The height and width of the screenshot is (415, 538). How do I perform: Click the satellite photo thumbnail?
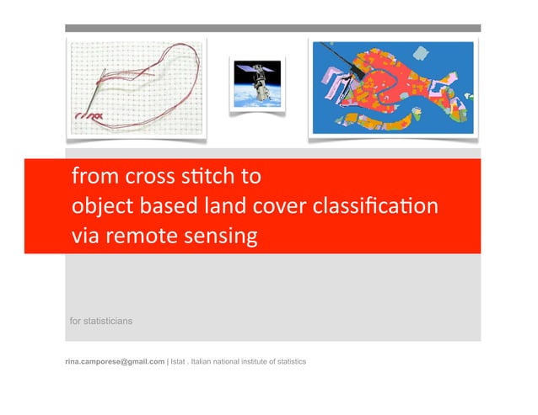coord(258,82)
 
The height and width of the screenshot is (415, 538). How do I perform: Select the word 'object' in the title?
coord(99,207)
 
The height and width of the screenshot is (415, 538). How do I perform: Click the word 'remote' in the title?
coord(137,237)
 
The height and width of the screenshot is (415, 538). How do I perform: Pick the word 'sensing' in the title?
coord(219,237)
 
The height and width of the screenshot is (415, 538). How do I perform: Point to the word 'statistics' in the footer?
coord(288,361)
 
